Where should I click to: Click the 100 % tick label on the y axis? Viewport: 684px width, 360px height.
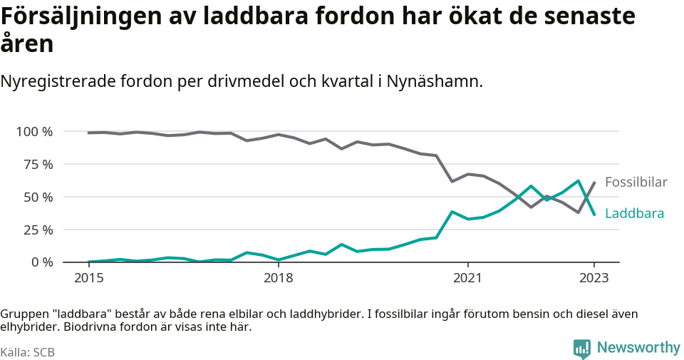pos(34,132)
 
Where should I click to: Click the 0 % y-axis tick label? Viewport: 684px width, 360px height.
pos(41,262)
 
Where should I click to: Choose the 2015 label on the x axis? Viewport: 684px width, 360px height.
pos(88,277)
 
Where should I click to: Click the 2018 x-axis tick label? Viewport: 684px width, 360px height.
pos(279,277)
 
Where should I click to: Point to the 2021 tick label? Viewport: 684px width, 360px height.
pos(468,277)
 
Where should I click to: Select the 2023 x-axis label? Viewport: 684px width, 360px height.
pos(595,277)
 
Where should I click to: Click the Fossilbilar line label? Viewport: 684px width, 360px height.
pos(636,182)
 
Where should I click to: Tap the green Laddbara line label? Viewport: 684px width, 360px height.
pos(634,214)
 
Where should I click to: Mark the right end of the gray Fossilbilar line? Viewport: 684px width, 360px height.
pos(595,182)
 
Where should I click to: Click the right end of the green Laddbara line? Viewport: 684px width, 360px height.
pos(595,215)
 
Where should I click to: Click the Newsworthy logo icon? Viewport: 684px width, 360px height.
pos(582,349)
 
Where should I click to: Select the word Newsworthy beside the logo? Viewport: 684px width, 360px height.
pos(638,348)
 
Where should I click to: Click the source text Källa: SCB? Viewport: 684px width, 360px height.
pos(28,352)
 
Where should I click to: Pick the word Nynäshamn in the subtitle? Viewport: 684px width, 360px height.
pos(434,81)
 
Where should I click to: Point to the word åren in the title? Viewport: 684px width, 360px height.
pos(27,44)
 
